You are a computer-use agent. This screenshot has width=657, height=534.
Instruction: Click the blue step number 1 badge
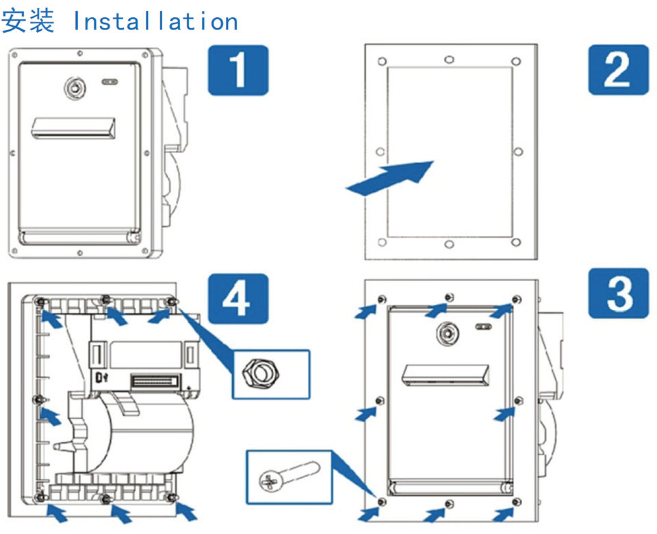(x=237, y=69)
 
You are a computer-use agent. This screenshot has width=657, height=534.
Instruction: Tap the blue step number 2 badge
(x=618, y=69)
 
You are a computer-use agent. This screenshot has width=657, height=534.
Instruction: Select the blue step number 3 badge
(x=618, y=293)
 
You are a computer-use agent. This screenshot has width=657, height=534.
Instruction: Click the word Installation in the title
(x=155, y=21)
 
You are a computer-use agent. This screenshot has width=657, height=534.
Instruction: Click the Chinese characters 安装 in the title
(x=28, y=21)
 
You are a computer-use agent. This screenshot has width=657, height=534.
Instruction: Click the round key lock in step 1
(x=74, y=86)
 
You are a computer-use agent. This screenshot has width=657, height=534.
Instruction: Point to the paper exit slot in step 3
(x=446, y=374)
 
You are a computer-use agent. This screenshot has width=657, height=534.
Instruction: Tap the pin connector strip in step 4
(x=155, y=378)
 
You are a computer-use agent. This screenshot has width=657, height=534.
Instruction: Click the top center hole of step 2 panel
(x=448, y=60)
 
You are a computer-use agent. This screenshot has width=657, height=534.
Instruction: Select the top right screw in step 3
(x=517, y=299)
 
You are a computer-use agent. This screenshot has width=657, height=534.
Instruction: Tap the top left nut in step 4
(x=40, y=302)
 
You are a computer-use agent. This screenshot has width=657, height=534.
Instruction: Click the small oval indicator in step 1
(x=109, y=81)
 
